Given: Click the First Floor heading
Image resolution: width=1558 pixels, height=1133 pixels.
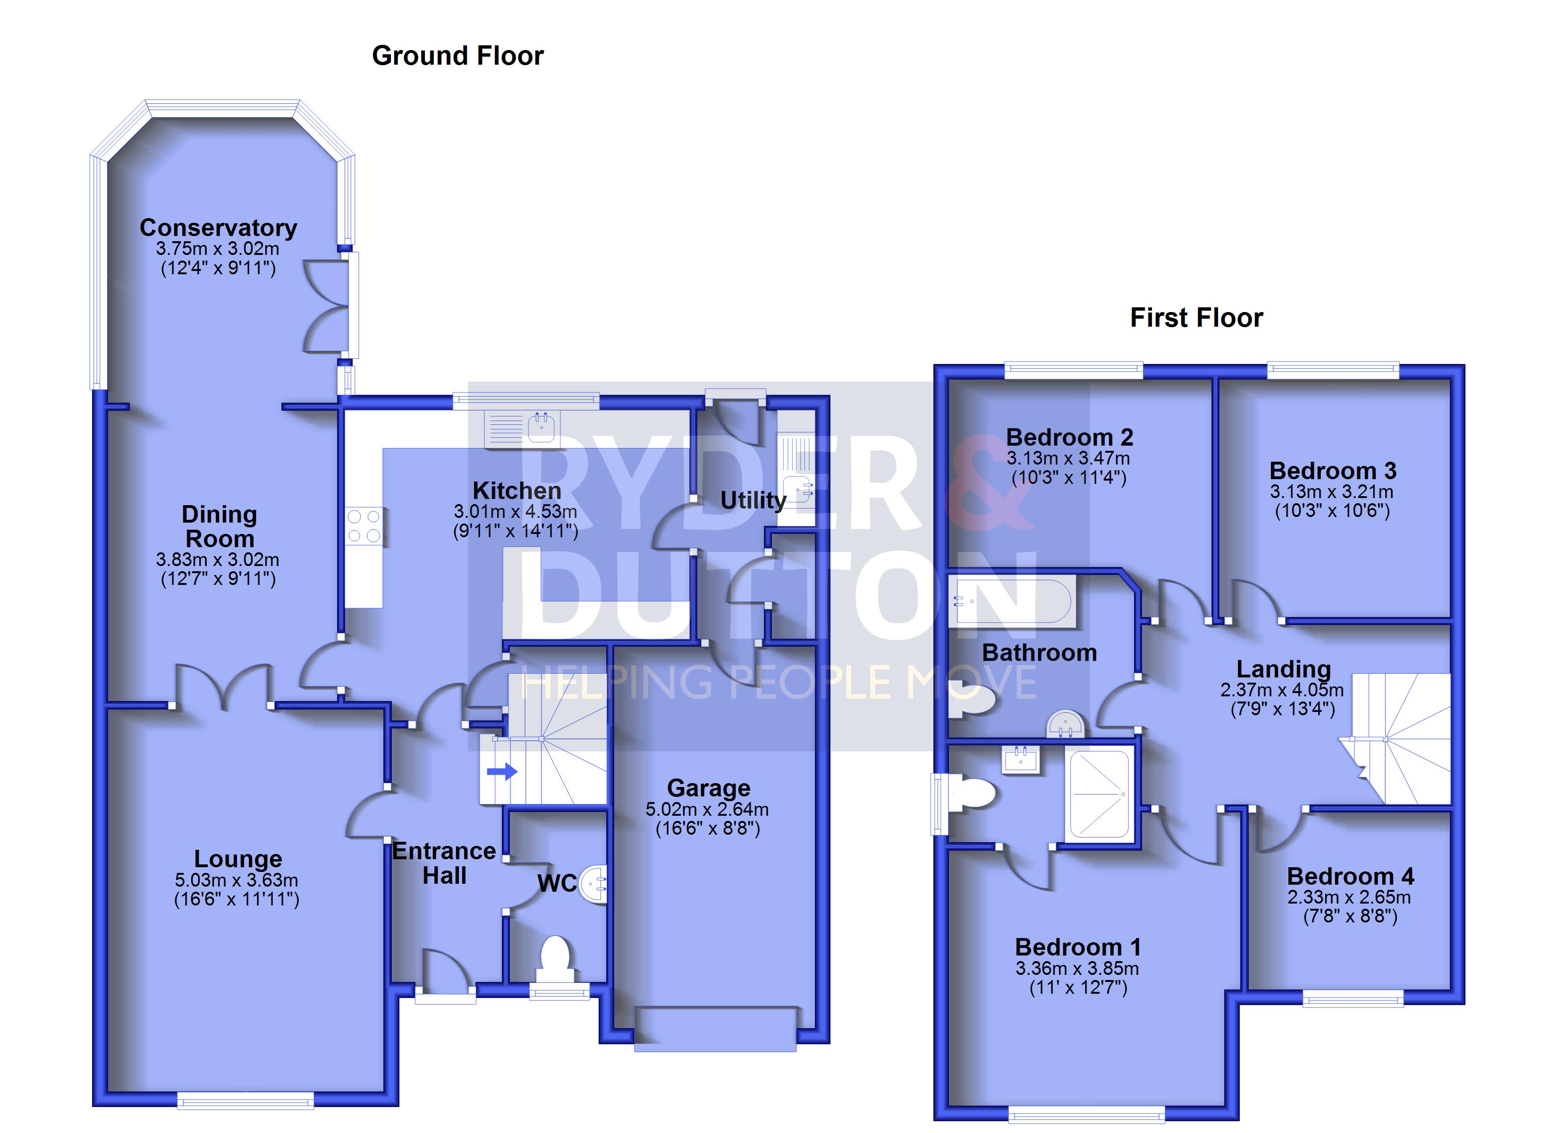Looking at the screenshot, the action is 1196,317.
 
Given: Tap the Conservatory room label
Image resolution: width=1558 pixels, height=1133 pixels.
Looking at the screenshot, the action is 219,228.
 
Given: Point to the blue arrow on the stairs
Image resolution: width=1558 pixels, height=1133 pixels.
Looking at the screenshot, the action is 502,771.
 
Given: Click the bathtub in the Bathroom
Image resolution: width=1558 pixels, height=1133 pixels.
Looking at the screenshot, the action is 1012,602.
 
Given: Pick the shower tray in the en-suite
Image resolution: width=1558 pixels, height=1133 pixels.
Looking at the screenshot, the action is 1099,795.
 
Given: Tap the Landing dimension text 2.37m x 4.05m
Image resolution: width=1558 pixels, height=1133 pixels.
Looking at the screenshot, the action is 1282,690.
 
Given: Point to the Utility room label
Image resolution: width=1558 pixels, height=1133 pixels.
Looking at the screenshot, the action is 753,500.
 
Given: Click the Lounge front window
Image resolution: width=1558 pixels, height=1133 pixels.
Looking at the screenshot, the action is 245,1101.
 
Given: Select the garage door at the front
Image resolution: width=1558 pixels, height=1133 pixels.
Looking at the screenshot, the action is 715,1029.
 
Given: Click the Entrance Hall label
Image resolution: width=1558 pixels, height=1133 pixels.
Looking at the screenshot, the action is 444,863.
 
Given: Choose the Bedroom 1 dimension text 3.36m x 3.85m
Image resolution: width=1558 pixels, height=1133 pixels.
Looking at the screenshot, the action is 1077,969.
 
